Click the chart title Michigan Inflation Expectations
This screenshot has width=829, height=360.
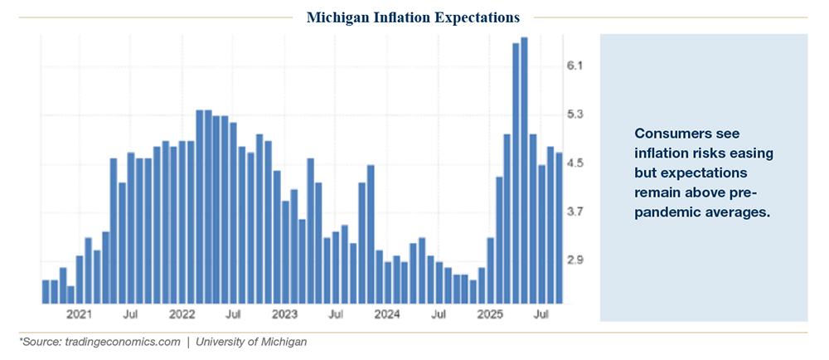(x=414, y=17)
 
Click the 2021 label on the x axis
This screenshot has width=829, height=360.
(x=79, y=315)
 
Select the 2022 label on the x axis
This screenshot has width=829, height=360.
(x=181, y=315)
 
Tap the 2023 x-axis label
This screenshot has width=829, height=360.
(x=284, y=315)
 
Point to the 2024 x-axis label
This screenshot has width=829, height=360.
(x=387, y=315)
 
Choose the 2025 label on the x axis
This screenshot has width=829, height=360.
(x=490, y=315)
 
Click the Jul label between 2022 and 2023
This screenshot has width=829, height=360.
(x=233, y=315)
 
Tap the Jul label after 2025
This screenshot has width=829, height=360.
(x=542, y=315)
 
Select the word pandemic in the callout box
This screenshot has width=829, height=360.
(x=664, y=213)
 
